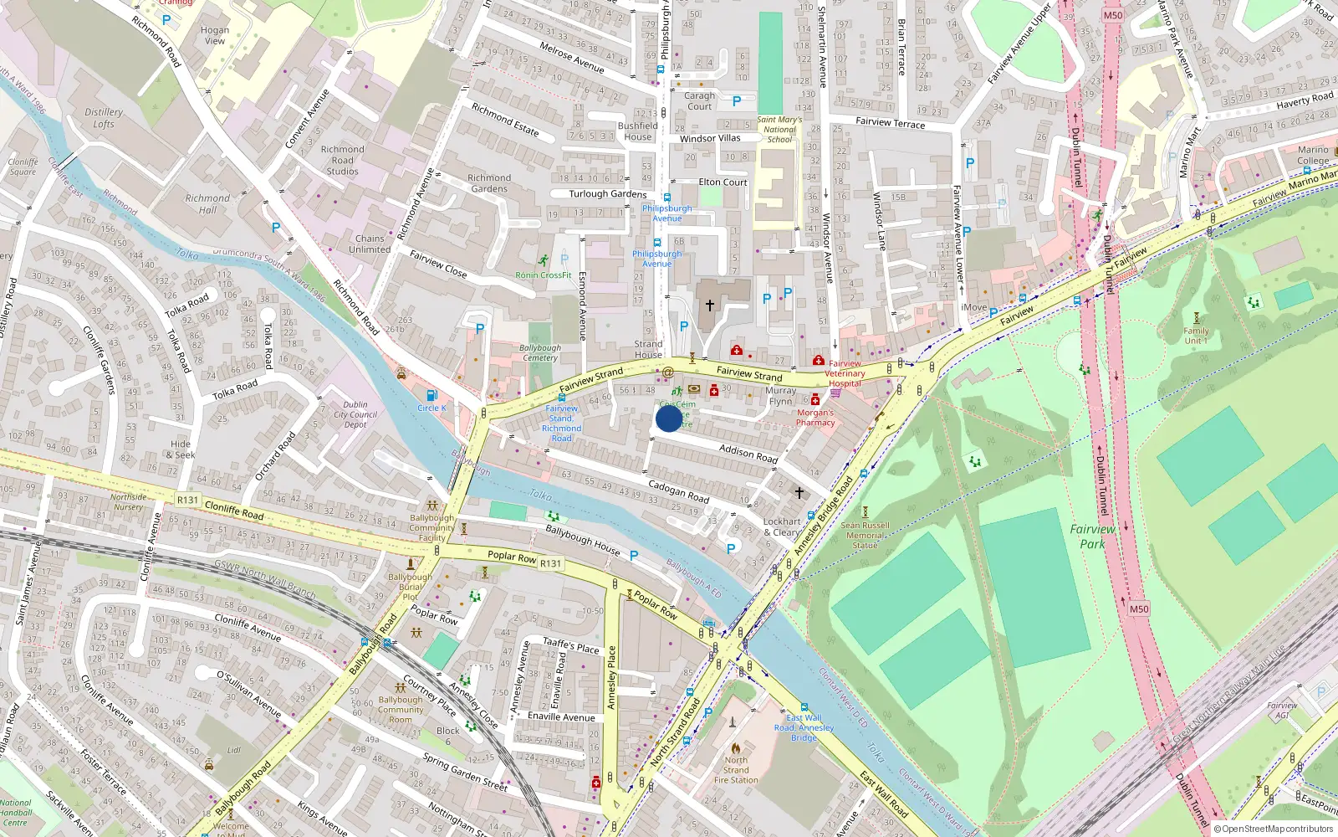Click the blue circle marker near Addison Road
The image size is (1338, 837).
(x=669, y=418)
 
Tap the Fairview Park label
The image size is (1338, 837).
(x=1092, y=537)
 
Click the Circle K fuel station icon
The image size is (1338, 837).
(x=432, y=395)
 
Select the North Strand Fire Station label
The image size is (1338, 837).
(x=736, y=770)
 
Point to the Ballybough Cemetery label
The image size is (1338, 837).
(x=540, y=352)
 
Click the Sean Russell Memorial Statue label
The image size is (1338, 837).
(x=865, y=536)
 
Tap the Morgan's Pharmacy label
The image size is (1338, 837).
(x=815, y=418)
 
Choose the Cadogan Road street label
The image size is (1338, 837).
(x=678, y=491)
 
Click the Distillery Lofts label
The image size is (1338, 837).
(x=104, y=118)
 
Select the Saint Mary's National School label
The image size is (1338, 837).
(x=779, y=130)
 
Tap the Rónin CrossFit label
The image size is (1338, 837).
(x=544, y=275)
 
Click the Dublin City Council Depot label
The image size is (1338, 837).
(x=355, y=414)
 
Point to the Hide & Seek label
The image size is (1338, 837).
(x=181, y=449)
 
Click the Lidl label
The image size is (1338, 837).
(x=234, y=751)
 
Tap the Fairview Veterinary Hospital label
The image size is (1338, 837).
(x=845, y=373)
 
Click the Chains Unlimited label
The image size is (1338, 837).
(x=370, y=244)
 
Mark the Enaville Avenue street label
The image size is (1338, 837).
(x=561, y=716)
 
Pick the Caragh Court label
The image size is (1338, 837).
(x=699, y=100)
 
